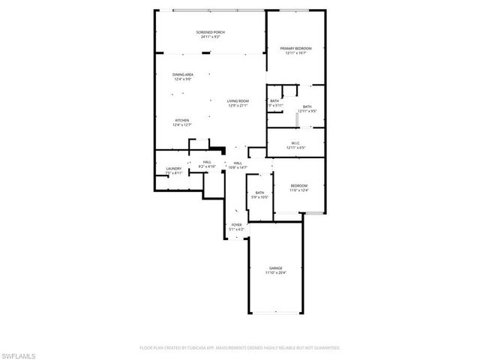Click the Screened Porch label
(211, 32)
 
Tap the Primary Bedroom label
(295, 49)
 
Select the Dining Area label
(182, 74)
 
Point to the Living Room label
(238, 100)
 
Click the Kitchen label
(182, 120)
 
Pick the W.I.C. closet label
(295, 143)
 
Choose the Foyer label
(236, 224)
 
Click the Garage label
(276, 268)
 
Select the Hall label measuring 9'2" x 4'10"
(206, 162)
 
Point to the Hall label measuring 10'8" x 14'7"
(237, 163)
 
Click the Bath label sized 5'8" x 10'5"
(259, 193)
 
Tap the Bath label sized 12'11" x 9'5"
(307, 107)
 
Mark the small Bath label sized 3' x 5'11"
(274, 101)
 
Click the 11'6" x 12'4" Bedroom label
(298, 186)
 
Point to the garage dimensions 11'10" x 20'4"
(276, 273)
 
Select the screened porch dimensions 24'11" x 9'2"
(211, 37)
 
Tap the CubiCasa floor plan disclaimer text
(240, 348)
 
